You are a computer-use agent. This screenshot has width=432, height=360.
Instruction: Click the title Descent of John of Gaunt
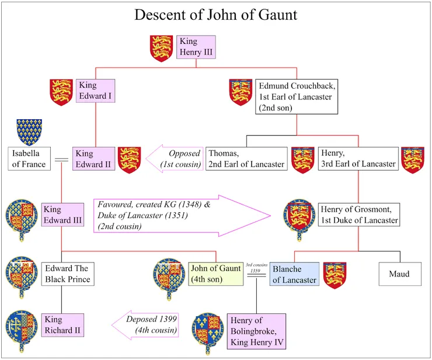215,15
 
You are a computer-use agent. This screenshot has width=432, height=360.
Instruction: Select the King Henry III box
196,47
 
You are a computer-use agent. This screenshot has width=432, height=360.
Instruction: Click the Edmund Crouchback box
296,97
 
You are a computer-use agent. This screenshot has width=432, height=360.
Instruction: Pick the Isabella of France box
29,158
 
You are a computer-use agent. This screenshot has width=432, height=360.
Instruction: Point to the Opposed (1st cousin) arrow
176,158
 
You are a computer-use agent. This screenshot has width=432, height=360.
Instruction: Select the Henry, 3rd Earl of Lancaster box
358,158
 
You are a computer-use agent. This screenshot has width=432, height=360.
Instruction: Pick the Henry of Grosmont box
359,214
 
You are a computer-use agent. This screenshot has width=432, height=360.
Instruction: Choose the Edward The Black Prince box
67,274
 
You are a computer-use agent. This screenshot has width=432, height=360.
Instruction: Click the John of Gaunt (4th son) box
216,274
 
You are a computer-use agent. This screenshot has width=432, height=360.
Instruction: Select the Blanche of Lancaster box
295,274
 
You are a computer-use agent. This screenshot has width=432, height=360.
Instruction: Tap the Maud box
399,274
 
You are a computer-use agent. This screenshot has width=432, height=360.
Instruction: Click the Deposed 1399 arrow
149,325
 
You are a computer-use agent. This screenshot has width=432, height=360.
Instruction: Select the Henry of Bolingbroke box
256,331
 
